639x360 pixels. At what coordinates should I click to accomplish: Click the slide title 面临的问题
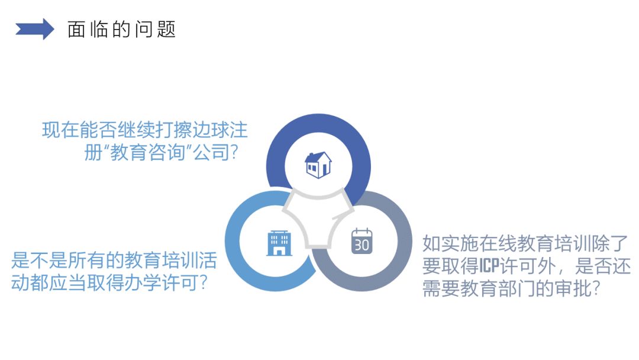point(121,30)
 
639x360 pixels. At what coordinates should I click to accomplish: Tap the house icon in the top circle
point(318,165)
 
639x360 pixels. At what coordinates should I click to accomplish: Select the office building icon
point(279,243)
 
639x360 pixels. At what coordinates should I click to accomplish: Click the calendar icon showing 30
point(362,241)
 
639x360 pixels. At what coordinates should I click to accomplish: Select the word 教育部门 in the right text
point(497,289)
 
